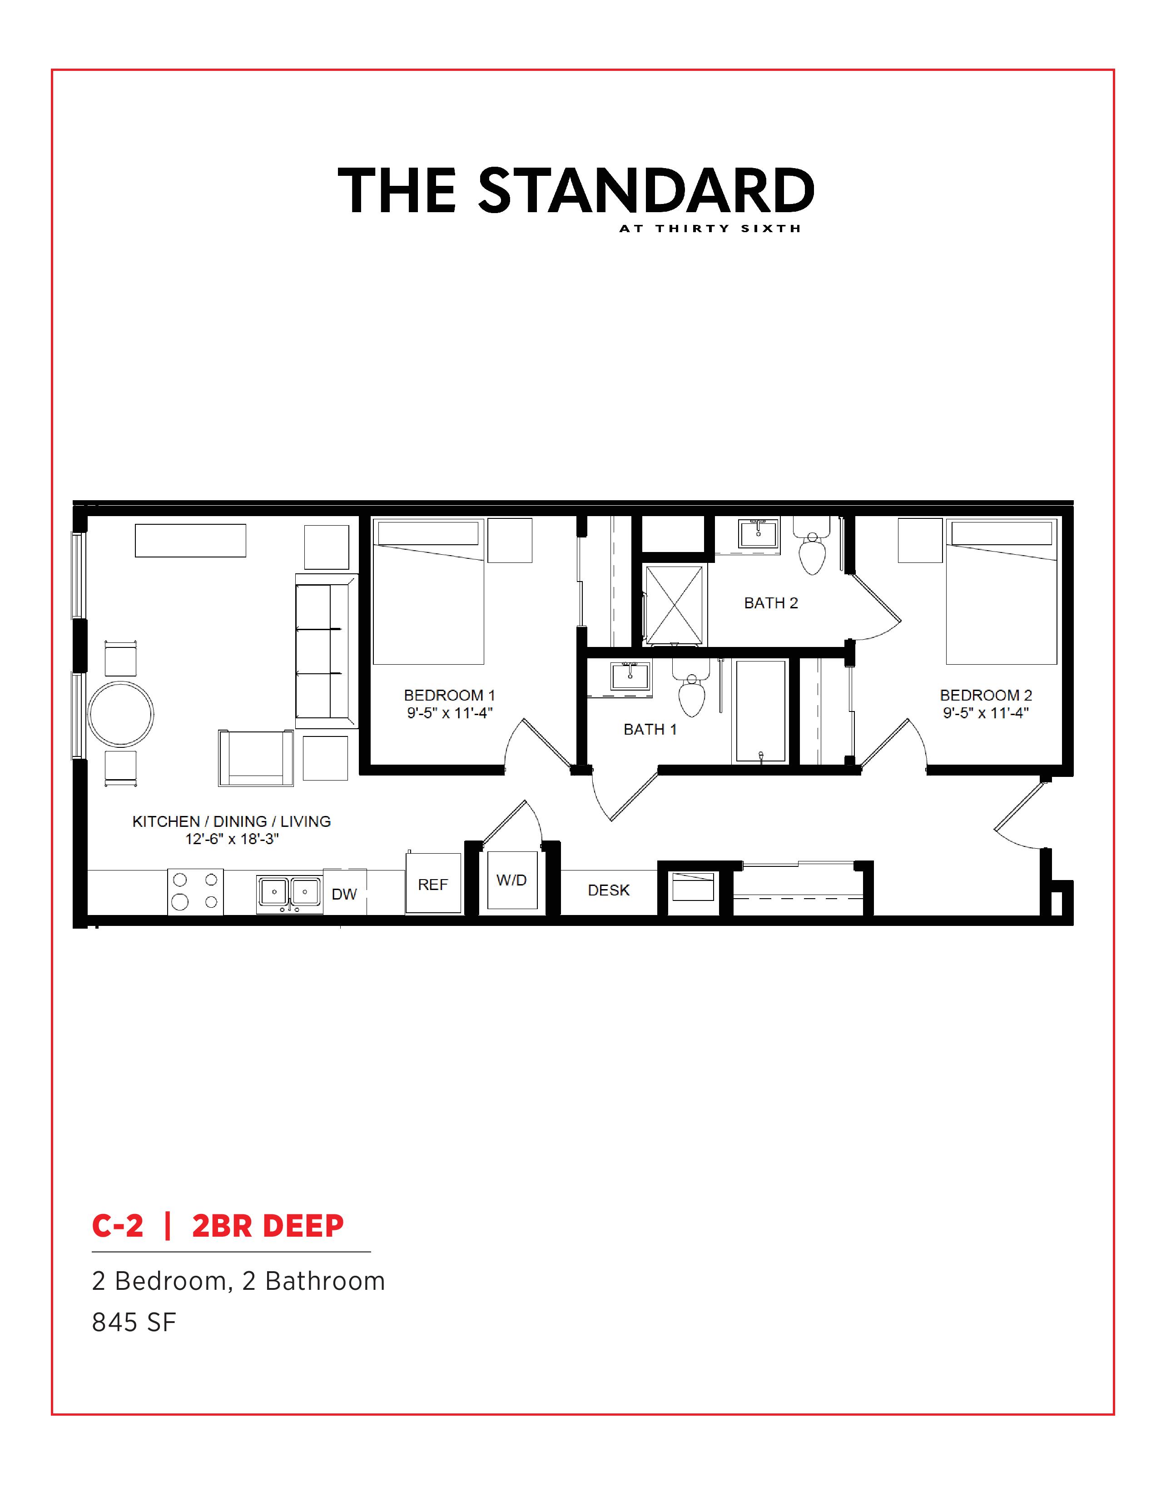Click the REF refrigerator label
pos(432,885)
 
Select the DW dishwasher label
pos(344,894)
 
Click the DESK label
pos(609,890)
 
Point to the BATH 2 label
pos(771,603)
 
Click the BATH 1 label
pos(650,729)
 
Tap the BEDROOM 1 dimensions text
pos(449,713)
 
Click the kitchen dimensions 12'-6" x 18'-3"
pos(232,839)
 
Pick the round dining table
pos(121,714)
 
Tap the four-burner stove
pos(195,891)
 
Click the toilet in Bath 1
pos(691,687)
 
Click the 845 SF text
pos(134,1322)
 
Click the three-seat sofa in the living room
pos(326,651)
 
